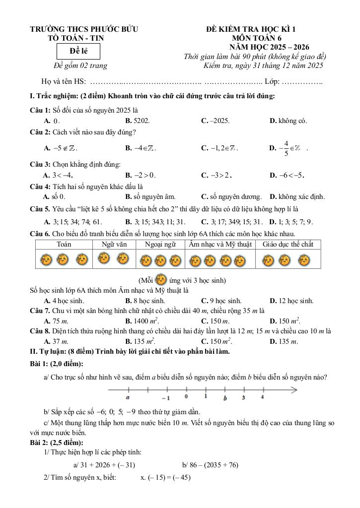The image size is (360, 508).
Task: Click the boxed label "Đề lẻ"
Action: point(78,51)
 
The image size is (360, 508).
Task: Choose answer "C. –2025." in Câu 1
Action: point(216,121)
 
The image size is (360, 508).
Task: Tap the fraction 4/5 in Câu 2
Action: point(286,148)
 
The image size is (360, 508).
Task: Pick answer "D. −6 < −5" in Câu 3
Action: point(287,175)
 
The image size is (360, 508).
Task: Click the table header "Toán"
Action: point(64,244)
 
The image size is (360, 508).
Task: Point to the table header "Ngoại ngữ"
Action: point(160,244)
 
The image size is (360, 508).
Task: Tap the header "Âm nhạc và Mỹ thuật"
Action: point(220,244)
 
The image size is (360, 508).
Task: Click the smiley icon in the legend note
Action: point(161,280)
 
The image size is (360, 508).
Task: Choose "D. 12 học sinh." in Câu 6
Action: point(291,301)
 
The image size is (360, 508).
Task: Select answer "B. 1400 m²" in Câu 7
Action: point(142,321)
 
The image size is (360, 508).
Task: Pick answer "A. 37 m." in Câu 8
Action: point(56,341)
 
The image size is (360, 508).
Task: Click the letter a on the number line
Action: point(128,398)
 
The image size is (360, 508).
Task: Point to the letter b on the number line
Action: point(225,398)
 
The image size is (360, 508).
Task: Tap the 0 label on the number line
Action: point(186,396)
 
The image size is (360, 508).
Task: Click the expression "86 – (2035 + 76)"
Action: point(211,465)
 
